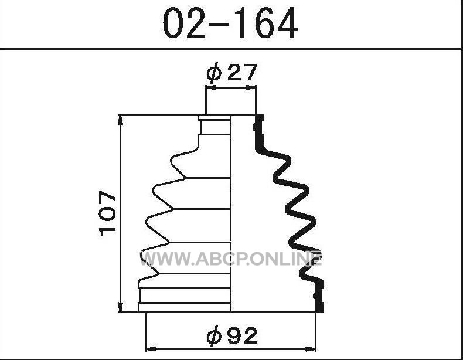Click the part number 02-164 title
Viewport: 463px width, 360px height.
[x=230, y=23]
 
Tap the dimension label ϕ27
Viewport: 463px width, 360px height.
[x=231, y=72]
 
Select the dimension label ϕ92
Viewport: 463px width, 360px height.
[x=232, y=335]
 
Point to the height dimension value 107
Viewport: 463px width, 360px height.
[x=108, y=213]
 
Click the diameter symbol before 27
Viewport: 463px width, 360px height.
[x=213, y=72]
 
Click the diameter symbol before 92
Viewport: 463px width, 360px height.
[x=214, y=336]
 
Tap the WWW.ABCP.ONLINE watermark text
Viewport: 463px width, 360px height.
[x=230, y=259]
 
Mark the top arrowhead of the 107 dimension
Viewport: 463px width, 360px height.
[x=120, y=120]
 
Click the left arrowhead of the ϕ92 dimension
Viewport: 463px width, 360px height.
[x=151, y=349]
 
